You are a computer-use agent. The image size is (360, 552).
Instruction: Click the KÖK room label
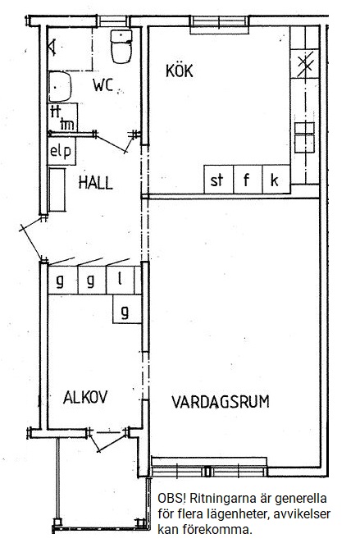pyautogui.click(x=180, y=71)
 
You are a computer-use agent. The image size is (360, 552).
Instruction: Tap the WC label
pyautogui.click(x=103, y=85)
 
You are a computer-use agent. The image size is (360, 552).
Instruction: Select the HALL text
pyautogui.click(x=95, y=183)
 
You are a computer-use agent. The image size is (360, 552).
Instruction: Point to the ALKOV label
pyautogui.click(x=85, y=398)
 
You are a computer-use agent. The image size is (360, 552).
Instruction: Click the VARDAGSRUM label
pyautogui.click(x=221, y=402)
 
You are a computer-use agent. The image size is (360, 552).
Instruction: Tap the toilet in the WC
pyautogui.click(x=121, y=47)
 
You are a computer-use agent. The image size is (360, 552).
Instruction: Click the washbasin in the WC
pyautogui.click(x=60, y=87)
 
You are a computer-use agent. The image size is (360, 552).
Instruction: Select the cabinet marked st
pyautogui.click(x=218, y=179)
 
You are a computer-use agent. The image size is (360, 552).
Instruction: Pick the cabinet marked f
pyautogui.click(x=248, y=179)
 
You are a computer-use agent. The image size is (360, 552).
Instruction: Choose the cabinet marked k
pyautogui.click(x=276, y=179)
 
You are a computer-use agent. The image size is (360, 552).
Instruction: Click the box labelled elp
pyautogui.click(x=62, y=152)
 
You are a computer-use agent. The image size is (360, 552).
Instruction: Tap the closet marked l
pyautogui.click(x=120, y=281)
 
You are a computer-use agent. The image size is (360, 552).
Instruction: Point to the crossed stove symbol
pyautogui.click(x=305, y=63)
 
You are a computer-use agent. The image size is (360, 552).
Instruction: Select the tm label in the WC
pyautogui.click(x=67, y=125)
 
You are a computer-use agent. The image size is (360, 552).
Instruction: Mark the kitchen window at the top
pyautogui.click(x=219, y=24)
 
